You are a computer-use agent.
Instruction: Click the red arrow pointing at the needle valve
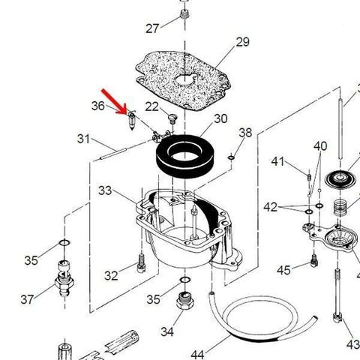coord(115,102)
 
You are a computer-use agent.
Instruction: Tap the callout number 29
coord(242,42)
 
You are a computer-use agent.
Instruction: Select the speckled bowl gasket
coord(183,80)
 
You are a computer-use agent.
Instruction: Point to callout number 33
coord(105,190)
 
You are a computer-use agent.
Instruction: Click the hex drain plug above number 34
coord(185,300)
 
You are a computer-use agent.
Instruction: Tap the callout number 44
coord(197,354)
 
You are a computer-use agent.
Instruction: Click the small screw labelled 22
coord(172,118)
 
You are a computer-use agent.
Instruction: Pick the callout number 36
coord(98,106)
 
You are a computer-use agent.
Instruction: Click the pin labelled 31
coord(113,154)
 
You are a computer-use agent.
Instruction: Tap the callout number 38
coord(245,133)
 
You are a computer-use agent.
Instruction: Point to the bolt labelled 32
coord(141,263)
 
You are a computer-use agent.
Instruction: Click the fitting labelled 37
coord(64,279)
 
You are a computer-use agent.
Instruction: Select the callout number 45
coord(283,270)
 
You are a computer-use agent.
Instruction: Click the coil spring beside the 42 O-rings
coord(341,206)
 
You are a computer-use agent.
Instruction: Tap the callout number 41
coord(277,161)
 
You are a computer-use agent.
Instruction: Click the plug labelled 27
coord(184,13)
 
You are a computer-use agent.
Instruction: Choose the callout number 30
coord(220,118)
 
